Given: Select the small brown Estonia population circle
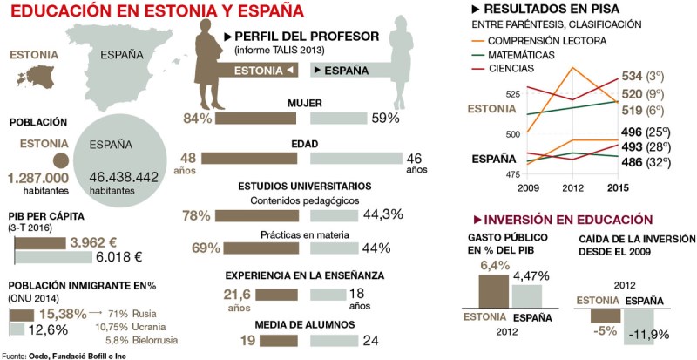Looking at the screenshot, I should click(x=60, y=160).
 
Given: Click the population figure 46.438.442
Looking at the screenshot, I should click(x=124, y=176).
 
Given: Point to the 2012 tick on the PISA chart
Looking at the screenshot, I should click(x=572, y=187).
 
